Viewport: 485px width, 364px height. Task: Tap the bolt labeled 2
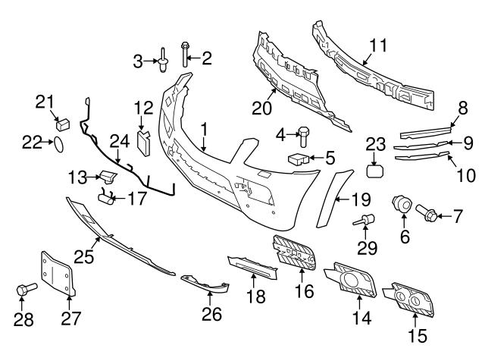pyautogui.click(x=185, y=54)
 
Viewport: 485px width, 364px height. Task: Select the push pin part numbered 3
pyautogui.click(x=164, y=61)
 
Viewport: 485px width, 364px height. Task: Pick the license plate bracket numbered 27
pyautogui.click(x=58, y=275)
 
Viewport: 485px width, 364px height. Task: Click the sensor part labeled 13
pyautogui.click(x=109, y=177)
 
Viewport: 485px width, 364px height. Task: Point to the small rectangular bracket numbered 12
pyautogui.click(x=143, y=140)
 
